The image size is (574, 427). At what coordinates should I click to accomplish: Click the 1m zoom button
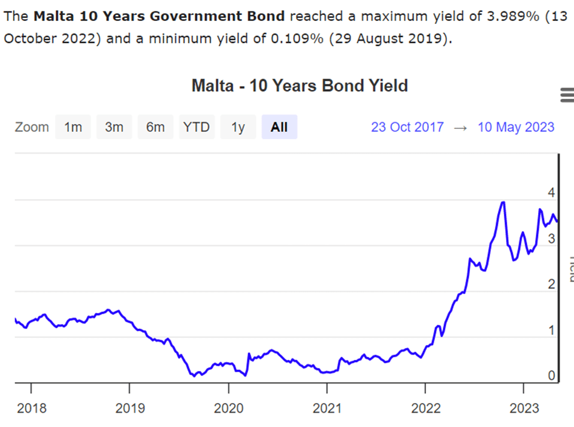coord(73,127)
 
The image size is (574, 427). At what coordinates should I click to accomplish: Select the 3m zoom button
coord(114,127)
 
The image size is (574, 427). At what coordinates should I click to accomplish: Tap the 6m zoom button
coord(155,127)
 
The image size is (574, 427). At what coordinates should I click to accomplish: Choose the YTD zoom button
coord(197,127)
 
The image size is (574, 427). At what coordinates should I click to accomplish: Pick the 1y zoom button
coord(238,127)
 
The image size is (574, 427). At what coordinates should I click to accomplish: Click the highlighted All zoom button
coord(279,127)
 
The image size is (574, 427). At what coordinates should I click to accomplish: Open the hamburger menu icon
coord(566,95)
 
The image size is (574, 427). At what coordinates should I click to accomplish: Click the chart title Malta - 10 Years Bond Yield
coord(300,86)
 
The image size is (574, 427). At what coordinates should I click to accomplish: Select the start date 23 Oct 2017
coord(407,127)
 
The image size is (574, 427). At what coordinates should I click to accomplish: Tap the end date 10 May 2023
coord(516,127)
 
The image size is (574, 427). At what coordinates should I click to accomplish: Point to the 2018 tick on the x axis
coord(31,408)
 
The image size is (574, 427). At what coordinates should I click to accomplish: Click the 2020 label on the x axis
coord(228,408)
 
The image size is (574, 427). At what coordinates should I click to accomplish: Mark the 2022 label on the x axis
coord(425,408)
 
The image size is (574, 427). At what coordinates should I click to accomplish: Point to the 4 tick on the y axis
coord(551,193)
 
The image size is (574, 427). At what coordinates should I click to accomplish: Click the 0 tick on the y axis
coord(551,376)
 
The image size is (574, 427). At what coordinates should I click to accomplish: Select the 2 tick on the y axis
coord(551,284)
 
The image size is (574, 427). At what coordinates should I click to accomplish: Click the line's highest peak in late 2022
coord(503,202)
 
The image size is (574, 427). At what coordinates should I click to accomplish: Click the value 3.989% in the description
coord(512,16)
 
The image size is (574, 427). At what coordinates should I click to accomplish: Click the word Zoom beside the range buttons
coord(32,127)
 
